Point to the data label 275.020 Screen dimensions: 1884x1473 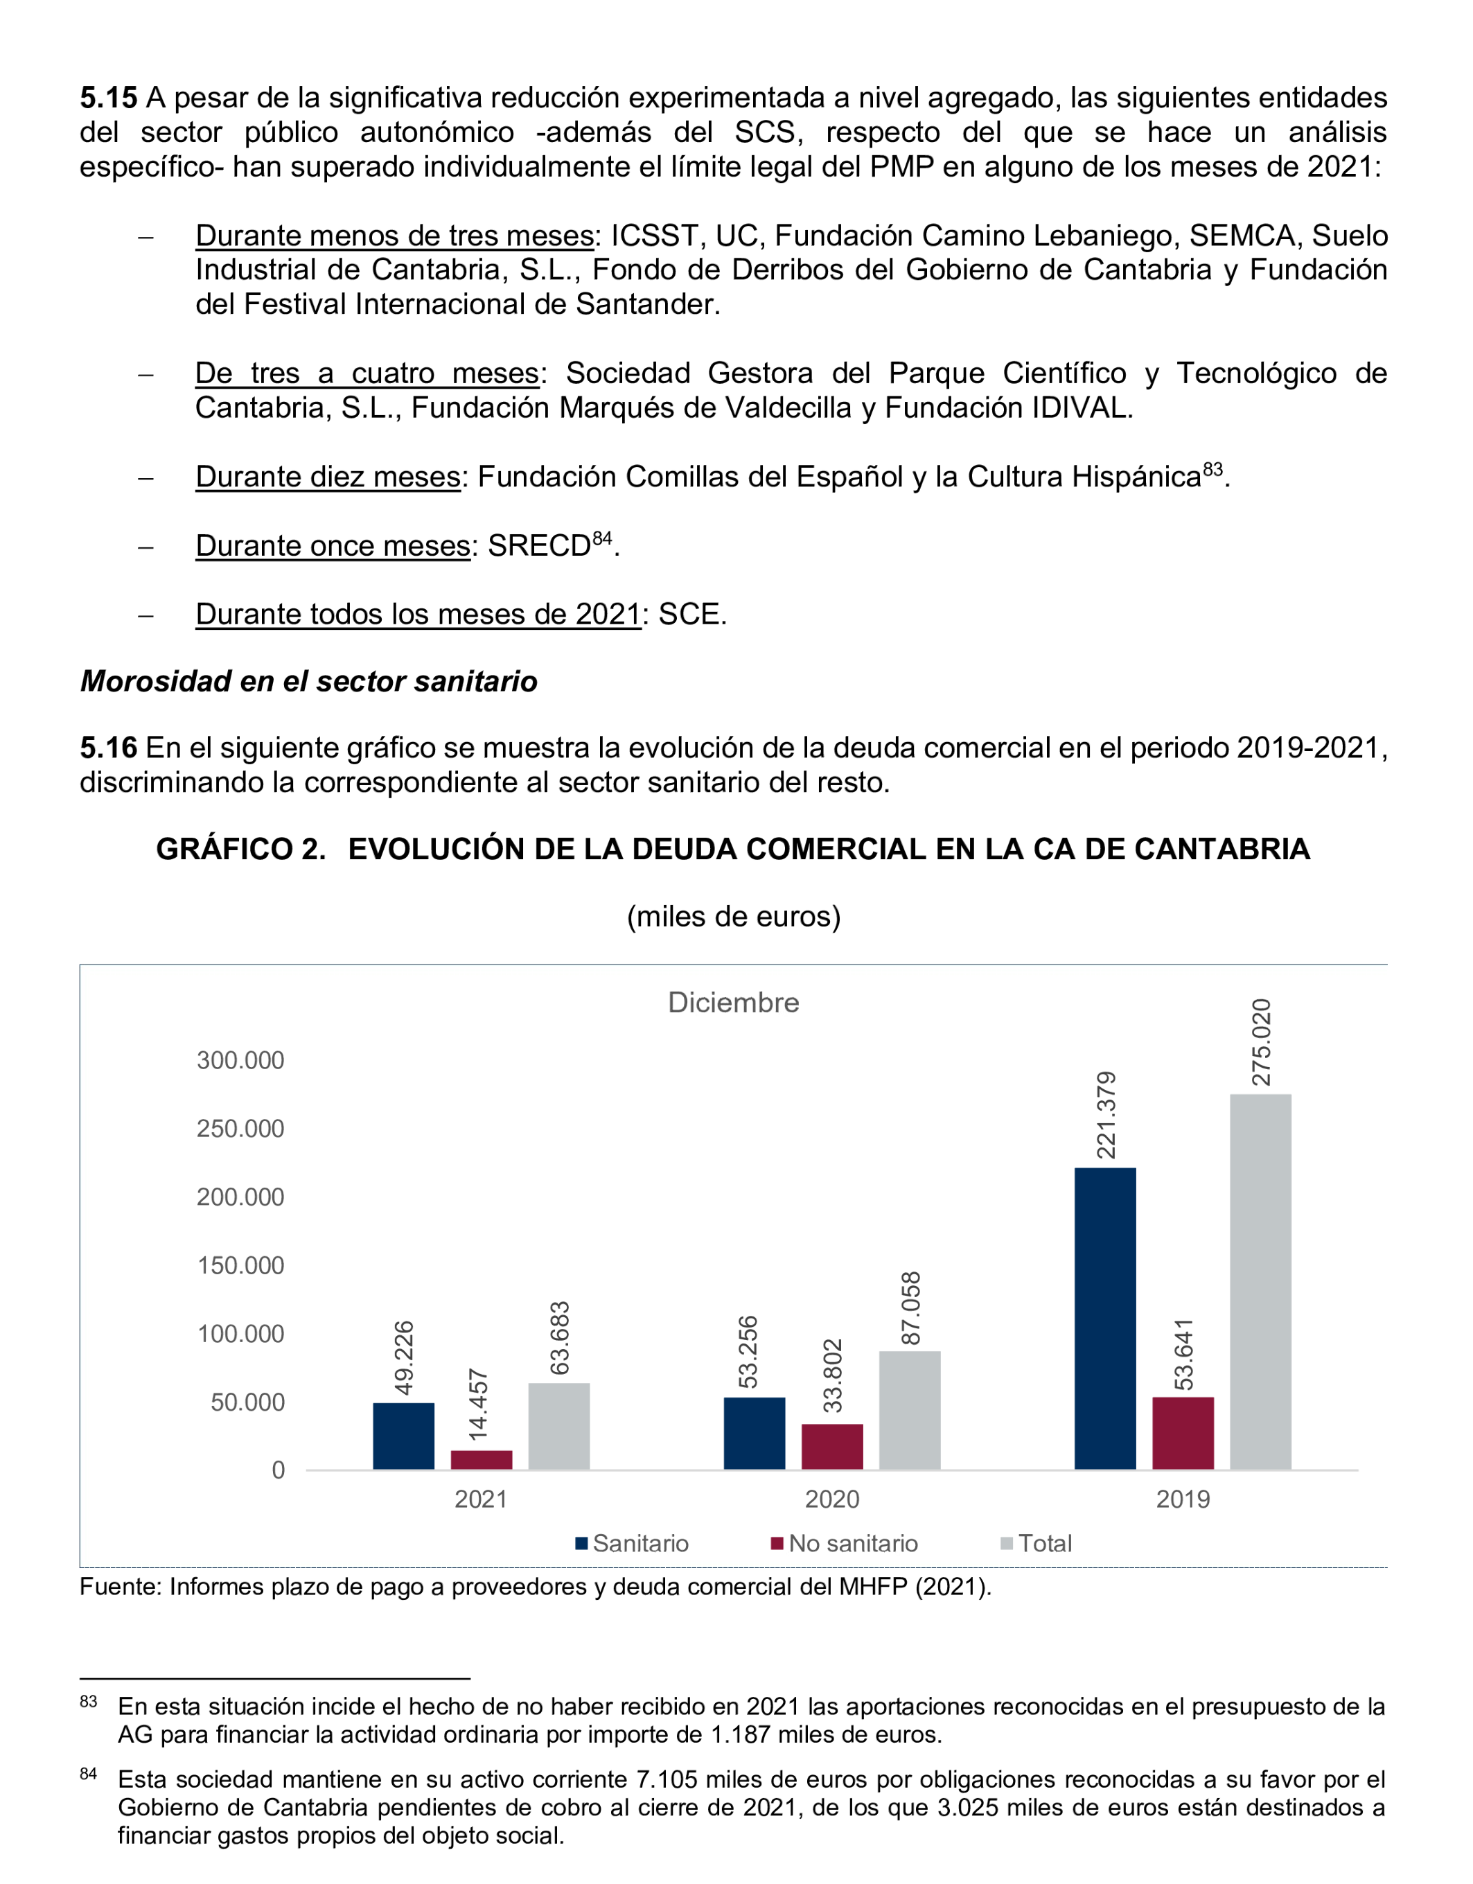(1261, 1042)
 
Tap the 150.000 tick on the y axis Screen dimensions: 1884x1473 (240, 1265)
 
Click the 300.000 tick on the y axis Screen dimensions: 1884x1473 (240, 1060)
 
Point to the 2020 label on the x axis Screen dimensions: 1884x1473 (832, 1499)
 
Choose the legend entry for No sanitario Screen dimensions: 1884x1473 (845, 1543)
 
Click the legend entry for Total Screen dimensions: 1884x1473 (1036, 1543)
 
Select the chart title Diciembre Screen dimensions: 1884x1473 (733, 1003)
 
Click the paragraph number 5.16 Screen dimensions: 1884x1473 (109, 748)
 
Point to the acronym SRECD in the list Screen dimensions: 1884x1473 (539, 546)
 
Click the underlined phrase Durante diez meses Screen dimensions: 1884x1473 (328, 477)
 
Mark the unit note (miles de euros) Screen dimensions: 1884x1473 (733, 916)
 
